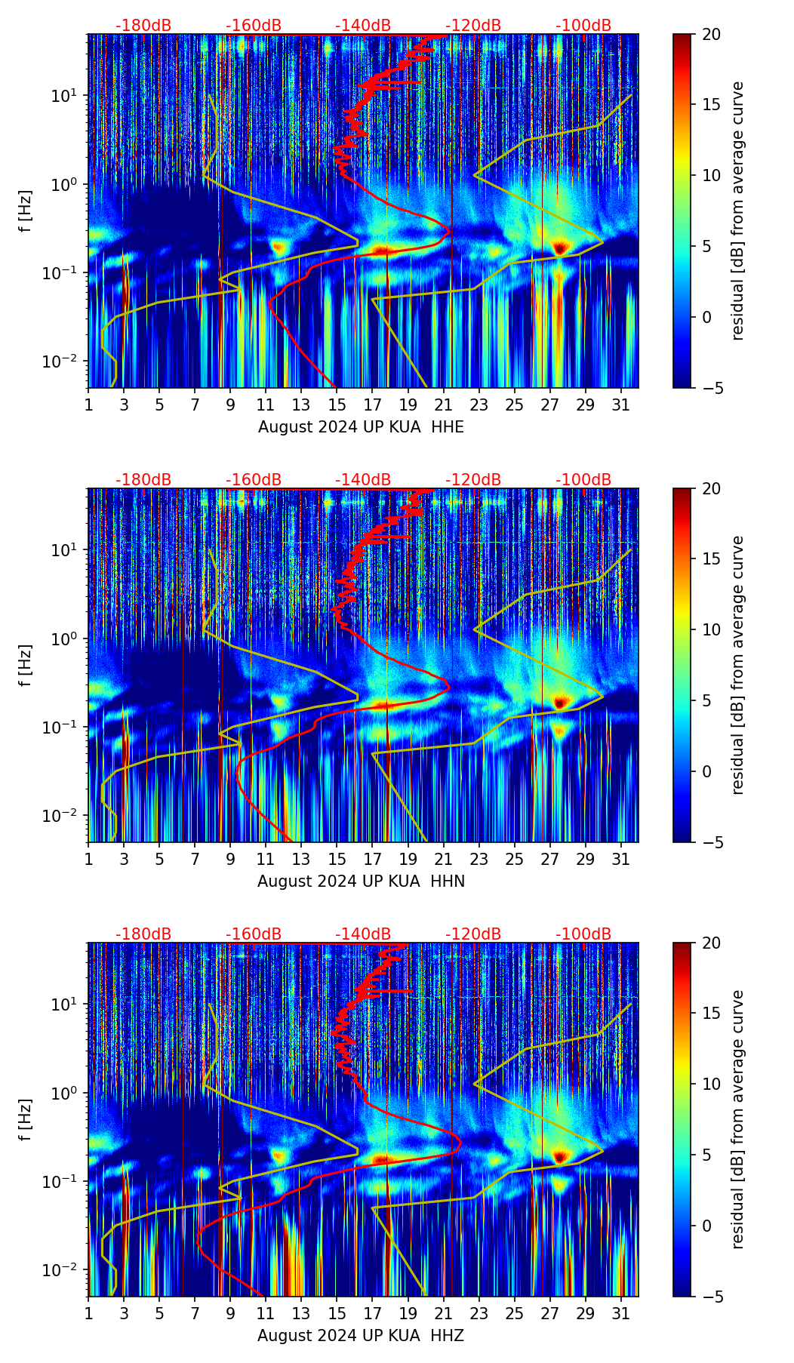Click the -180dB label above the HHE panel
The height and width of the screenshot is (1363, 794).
[143, 26]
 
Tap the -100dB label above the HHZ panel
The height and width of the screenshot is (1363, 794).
[583, 934]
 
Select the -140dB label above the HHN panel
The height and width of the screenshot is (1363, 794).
[363, 480]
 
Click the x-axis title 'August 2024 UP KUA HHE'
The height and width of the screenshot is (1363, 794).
[361, 427]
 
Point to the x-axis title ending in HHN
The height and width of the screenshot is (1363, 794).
[361, 881]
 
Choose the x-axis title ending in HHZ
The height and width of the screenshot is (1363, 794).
[361, 1336]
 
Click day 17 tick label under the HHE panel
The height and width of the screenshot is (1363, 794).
[373, 405]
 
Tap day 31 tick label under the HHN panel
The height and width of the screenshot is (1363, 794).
[621, 859]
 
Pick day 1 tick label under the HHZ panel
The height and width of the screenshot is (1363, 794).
[88, 1313]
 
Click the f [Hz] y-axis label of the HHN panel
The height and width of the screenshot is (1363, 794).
[26, 665]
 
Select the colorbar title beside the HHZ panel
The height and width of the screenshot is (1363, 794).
[737, 1119]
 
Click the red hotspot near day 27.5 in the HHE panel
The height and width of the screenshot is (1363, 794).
[559, 247]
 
